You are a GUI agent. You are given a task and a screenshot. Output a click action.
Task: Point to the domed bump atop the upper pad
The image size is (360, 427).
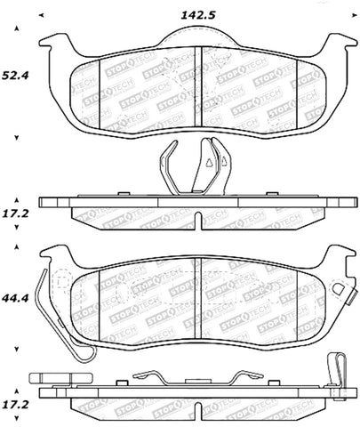(x=196, y=34)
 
